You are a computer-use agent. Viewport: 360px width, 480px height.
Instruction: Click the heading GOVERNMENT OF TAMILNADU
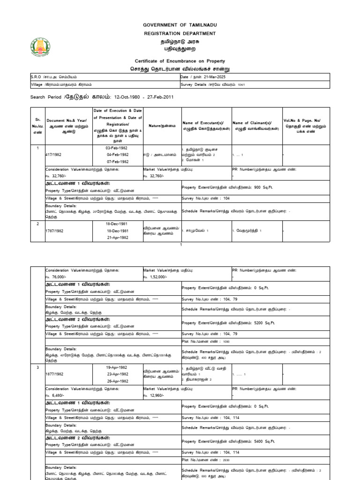tap(180, 25)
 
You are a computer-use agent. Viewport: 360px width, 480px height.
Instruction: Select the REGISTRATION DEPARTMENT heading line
tap(180, 34)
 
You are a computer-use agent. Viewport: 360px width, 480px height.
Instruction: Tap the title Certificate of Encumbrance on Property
tap(180, 61)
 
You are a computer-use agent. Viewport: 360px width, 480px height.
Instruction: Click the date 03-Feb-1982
tap(117, 147)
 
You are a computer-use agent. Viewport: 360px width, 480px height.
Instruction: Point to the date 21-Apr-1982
tap(117, 238)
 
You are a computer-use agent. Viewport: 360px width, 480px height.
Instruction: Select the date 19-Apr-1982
tap(117, 367)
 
